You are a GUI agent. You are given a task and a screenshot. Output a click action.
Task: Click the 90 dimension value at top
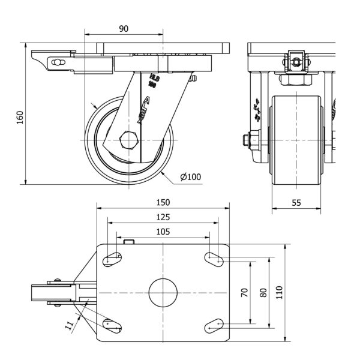(x=124, y=28)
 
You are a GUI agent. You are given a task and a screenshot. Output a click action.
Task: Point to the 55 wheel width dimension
(x=296, y=203)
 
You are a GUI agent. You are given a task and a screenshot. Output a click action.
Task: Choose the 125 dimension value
(x=163, y=217)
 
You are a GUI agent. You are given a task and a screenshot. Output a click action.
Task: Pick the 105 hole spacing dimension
(x=163, y=231)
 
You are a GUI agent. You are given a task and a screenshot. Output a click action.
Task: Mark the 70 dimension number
(x=244, y=292)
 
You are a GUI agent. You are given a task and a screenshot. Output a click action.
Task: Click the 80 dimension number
(x=262, y=292)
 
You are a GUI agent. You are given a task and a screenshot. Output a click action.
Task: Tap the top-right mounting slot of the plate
(x=214, y=259)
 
